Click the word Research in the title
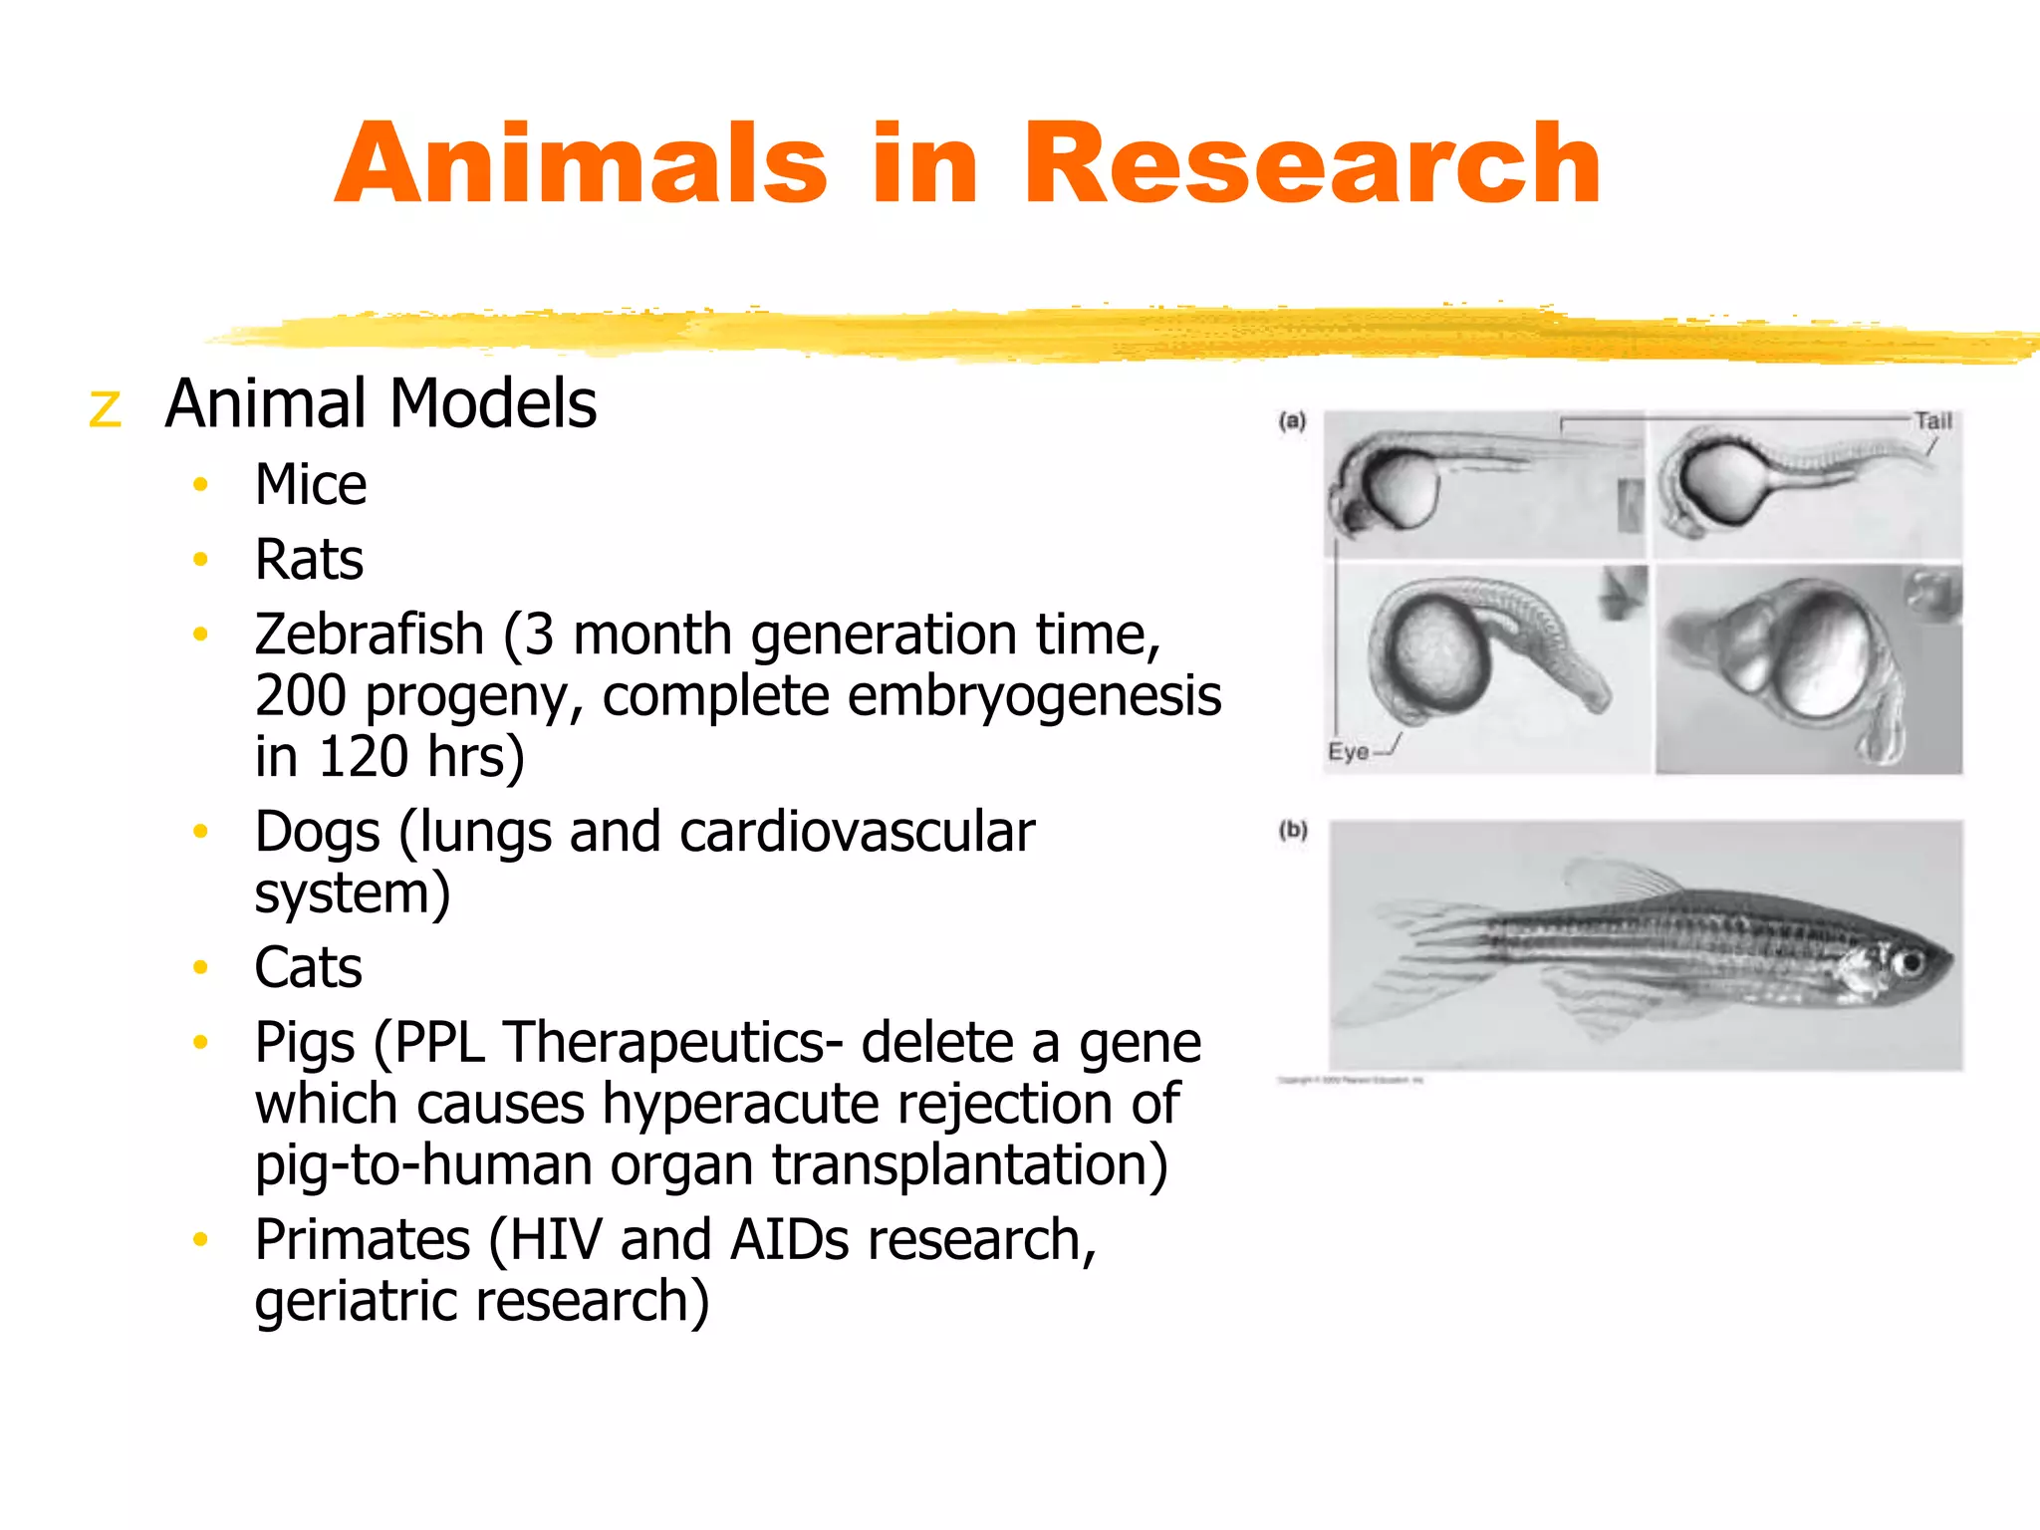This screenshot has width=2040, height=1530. tap(1312, 164)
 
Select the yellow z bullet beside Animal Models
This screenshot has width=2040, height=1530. tap(105, 409)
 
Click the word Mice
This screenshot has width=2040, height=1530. tap(311, 486)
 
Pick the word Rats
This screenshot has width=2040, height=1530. tap(309, 560)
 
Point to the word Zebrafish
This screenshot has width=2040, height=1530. tap(370, 636)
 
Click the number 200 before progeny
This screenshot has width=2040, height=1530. tap(301, 696)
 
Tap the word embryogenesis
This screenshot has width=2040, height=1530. tap(1034, 696)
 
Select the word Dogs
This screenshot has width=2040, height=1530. tap(317, 833)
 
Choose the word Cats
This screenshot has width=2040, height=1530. tap(308, 968)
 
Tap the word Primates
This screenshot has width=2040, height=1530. tap(363, 1241)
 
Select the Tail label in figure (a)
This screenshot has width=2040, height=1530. tap(1933, 421)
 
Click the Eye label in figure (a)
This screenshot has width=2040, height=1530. tap(1348, 752)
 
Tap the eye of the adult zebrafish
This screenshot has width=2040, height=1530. tap(1910, 963)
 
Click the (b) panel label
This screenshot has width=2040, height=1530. tap(1293, 831)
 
